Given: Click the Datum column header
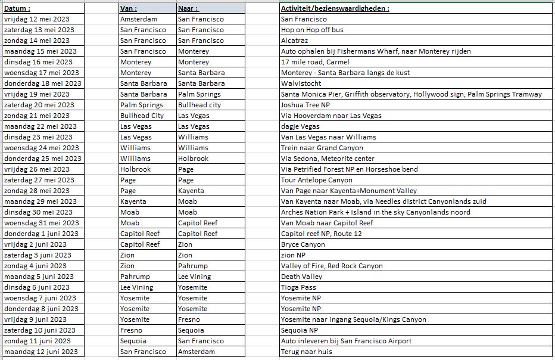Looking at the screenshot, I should click(17, 8).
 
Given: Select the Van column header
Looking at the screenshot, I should click(129, 8).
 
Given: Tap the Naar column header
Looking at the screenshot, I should click(188, 8).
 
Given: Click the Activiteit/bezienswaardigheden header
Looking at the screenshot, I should click(335, 8).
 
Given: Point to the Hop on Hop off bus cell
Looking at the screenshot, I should click(312, 30).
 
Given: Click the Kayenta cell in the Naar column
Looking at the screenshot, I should click(191, 191).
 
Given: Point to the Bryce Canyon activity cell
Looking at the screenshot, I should click(303, 244).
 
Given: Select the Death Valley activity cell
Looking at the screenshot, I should click(301, 277).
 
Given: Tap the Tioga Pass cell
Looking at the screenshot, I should click(298, 287).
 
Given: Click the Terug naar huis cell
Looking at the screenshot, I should click(306, 352).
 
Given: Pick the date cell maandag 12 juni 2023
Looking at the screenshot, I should click(41, 352).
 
